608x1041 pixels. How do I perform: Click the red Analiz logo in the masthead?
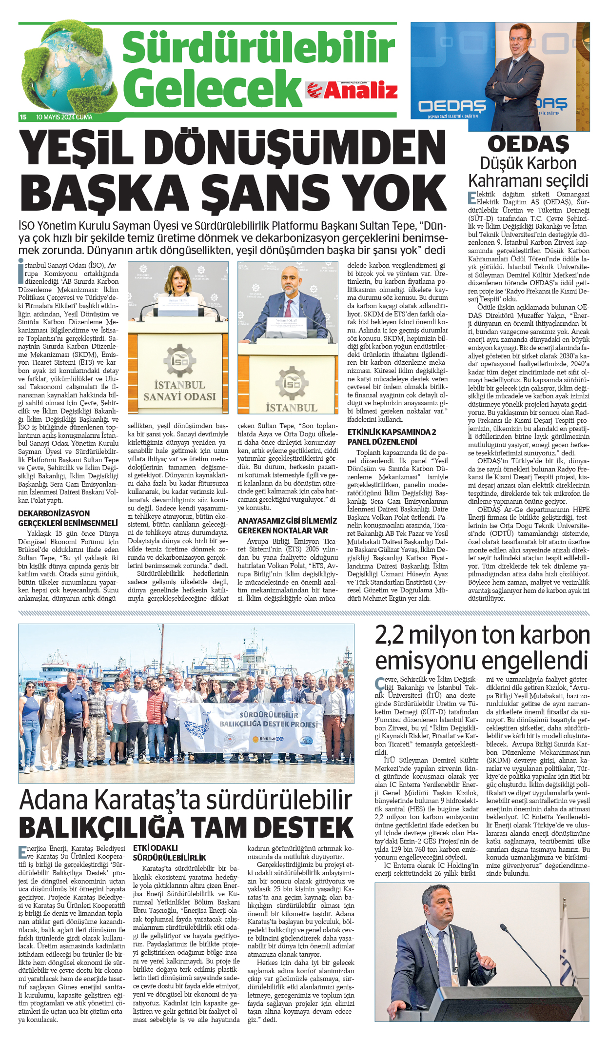tap(352, 90)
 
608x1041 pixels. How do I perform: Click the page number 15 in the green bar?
tap(23, 117)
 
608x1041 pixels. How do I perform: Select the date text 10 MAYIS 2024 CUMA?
tap(64, 117)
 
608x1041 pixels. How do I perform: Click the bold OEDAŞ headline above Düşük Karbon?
tap(529, 144)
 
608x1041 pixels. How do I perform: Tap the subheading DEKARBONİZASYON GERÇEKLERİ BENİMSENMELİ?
tap(68, 518)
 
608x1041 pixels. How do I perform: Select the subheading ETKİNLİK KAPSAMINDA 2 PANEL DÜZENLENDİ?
tap(392, 436)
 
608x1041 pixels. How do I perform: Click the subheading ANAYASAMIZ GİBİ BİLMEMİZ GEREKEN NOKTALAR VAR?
tap(287, 525)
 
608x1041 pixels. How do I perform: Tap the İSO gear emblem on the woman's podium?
tap(179, 361)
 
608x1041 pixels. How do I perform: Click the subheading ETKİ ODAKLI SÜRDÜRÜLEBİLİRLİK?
tap(169, 852)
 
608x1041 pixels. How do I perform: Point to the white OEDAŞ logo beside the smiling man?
tap(452, 106)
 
